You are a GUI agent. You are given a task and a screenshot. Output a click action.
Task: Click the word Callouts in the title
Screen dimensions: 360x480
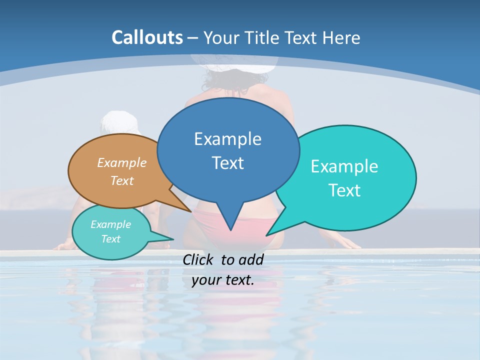coord(147,37)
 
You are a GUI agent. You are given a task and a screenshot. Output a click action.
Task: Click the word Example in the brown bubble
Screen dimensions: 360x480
coord(122,162)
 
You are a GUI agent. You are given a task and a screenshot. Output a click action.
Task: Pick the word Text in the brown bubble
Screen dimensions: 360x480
coord(122,180)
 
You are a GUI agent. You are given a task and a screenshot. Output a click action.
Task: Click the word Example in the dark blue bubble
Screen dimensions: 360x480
coord(227,139)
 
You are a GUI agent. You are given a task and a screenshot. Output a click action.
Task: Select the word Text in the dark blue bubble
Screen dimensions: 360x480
coord(227,163)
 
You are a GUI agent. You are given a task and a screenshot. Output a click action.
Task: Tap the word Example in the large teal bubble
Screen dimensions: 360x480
coord(344,166)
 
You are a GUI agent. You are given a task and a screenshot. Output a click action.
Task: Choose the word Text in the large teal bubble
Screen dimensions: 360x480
coord(344,190)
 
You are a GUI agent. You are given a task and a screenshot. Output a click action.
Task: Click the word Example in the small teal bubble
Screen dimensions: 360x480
coord(110,224)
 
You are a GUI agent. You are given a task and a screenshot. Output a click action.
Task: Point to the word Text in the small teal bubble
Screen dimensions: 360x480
coord(110,239)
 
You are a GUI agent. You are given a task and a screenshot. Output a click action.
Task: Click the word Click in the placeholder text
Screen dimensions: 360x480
coord(199,259)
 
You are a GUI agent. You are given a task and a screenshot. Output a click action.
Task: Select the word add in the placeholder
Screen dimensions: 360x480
coord(251,259)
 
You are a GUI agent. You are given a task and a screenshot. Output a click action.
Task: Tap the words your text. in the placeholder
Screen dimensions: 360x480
coord(223,280)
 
